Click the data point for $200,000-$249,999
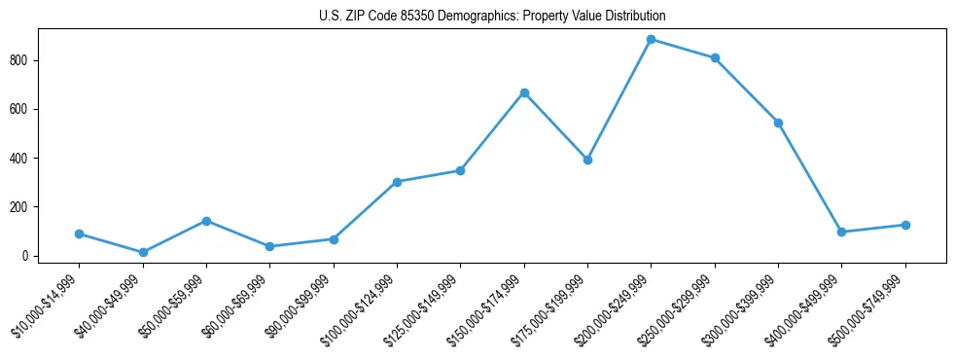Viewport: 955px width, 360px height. pos(652,40)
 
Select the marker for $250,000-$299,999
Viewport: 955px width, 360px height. pos(715,58)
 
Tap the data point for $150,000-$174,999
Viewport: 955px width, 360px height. pos(524,92)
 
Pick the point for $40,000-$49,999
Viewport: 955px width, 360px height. pos(143,252)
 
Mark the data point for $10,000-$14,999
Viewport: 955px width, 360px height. pos(79,234)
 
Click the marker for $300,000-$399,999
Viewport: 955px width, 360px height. pos(778,123)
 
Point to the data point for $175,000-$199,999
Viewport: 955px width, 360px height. pos(587,160)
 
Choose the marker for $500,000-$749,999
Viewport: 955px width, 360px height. pos(905,225)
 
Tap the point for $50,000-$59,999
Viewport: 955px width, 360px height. pos(206,221)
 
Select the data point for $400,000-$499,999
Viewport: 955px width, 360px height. pos(841,232)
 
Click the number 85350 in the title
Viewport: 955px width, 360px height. pos(416,17)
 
